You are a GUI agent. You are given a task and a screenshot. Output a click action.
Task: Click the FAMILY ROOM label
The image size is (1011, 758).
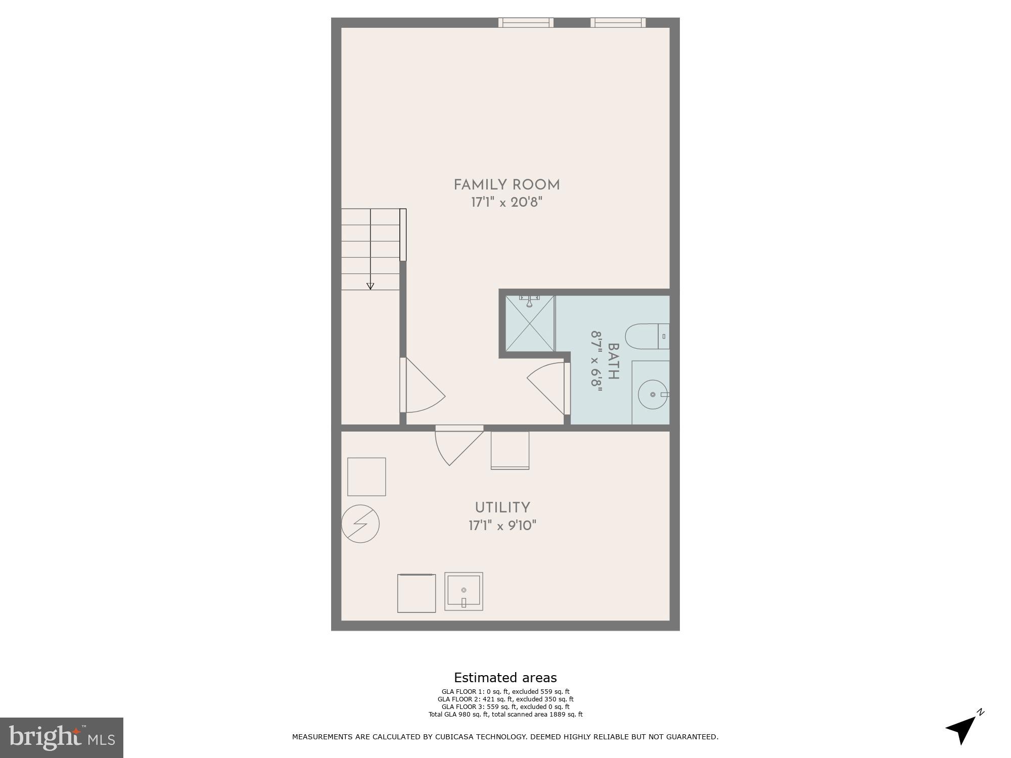[507, 185]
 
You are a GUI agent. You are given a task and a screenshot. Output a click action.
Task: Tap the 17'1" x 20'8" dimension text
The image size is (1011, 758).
[507, 203]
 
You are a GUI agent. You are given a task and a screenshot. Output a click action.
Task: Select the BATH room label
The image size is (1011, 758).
[613, 361]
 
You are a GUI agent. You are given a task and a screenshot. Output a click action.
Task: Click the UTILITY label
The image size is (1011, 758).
[502, 507]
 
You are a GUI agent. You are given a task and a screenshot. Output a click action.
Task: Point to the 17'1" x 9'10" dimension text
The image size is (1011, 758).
[502, 526]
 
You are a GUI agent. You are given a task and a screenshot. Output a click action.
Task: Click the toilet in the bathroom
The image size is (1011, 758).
[647, 336]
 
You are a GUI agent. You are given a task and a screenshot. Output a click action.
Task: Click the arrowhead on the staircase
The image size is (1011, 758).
[370, 286]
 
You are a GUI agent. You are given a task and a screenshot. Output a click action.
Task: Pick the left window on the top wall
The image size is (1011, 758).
[526, 22]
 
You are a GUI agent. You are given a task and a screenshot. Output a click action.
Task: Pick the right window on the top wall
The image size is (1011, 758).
[618, 22]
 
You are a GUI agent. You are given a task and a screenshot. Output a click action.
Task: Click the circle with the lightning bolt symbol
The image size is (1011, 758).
[360, 524]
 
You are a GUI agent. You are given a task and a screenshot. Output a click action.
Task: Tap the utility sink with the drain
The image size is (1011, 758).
[464, 591]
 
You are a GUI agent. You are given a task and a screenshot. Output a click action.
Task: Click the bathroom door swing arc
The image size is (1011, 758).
[546, 389]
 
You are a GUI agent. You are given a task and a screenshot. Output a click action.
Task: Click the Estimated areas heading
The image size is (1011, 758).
[505, 678]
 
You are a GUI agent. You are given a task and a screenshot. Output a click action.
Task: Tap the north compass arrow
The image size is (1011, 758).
[964, 728]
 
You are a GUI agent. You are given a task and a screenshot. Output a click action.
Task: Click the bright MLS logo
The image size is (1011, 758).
[62, 737]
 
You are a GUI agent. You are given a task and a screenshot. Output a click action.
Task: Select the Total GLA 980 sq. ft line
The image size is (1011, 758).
[505, 714]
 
